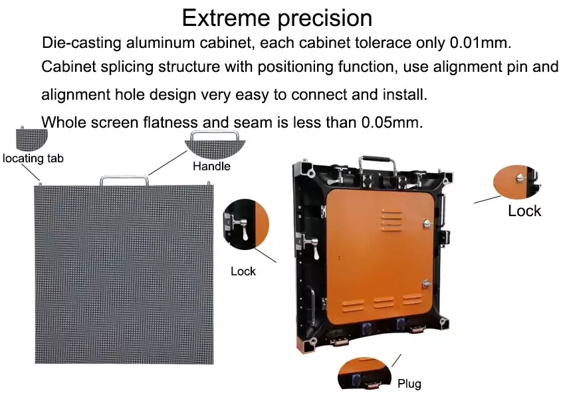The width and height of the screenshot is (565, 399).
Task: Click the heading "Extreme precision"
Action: tap(277, 17)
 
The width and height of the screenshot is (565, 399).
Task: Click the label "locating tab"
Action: tap(33, 158)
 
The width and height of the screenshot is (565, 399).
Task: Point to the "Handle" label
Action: tap(211, 166)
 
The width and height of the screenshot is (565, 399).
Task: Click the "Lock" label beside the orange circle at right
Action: tap(524, 211)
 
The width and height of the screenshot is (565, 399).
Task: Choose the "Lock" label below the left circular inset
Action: tap(243, 271)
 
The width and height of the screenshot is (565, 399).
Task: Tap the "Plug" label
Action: tap(409, 384)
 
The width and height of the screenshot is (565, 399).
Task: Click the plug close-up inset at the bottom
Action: tap(363, 375)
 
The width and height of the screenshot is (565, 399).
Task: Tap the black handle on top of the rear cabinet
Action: tap(376, 162)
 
